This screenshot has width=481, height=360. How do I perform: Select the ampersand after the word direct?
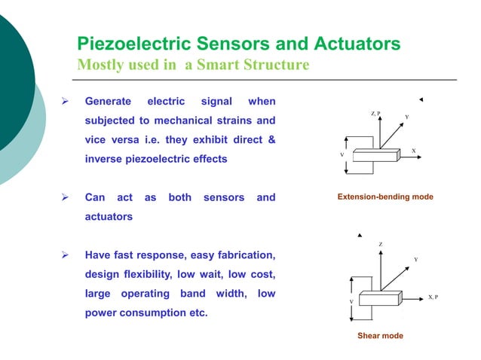point(271,141)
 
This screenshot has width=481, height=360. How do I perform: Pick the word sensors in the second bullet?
point(223,197)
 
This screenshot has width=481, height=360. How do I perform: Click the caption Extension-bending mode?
point(385,197)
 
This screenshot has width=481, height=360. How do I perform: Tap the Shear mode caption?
point(380,336)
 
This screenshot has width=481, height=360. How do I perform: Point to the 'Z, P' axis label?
point(376,113)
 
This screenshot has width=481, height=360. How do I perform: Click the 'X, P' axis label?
point(432,297)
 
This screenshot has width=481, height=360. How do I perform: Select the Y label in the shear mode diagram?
point(415,260)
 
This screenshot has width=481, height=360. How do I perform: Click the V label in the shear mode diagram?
point(351,301)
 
